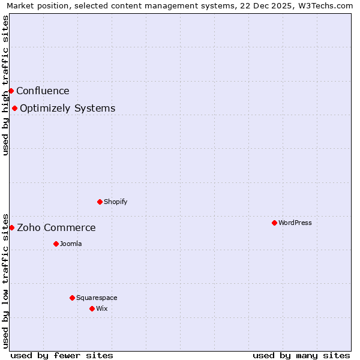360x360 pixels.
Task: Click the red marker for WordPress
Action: point(274,223)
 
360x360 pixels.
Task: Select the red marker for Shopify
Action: point(100,202)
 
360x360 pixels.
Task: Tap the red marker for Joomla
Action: point(56,244)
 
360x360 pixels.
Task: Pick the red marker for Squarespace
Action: point(72,298)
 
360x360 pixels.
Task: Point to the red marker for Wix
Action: point(92,308)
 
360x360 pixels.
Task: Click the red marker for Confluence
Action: point(11,91)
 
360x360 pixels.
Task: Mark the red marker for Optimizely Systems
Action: point(14,108)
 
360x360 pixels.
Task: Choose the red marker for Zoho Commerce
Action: point(11,227)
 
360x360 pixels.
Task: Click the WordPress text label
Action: point(295,223)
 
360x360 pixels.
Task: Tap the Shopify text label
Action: point(116,202)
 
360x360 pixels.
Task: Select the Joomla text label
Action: point(71,244)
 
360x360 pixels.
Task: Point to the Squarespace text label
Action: point(97,298)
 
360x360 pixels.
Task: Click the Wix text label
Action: point(102,308)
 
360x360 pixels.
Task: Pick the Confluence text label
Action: point(43,91)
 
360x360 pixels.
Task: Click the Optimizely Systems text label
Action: point(68,109)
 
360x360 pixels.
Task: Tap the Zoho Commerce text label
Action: point(56,228)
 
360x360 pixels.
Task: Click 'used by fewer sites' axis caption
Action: point(62,355)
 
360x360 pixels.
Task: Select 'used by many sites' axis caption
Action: point(301,355)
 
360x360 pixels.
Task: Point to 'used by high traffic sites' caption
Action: point(5,85)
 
